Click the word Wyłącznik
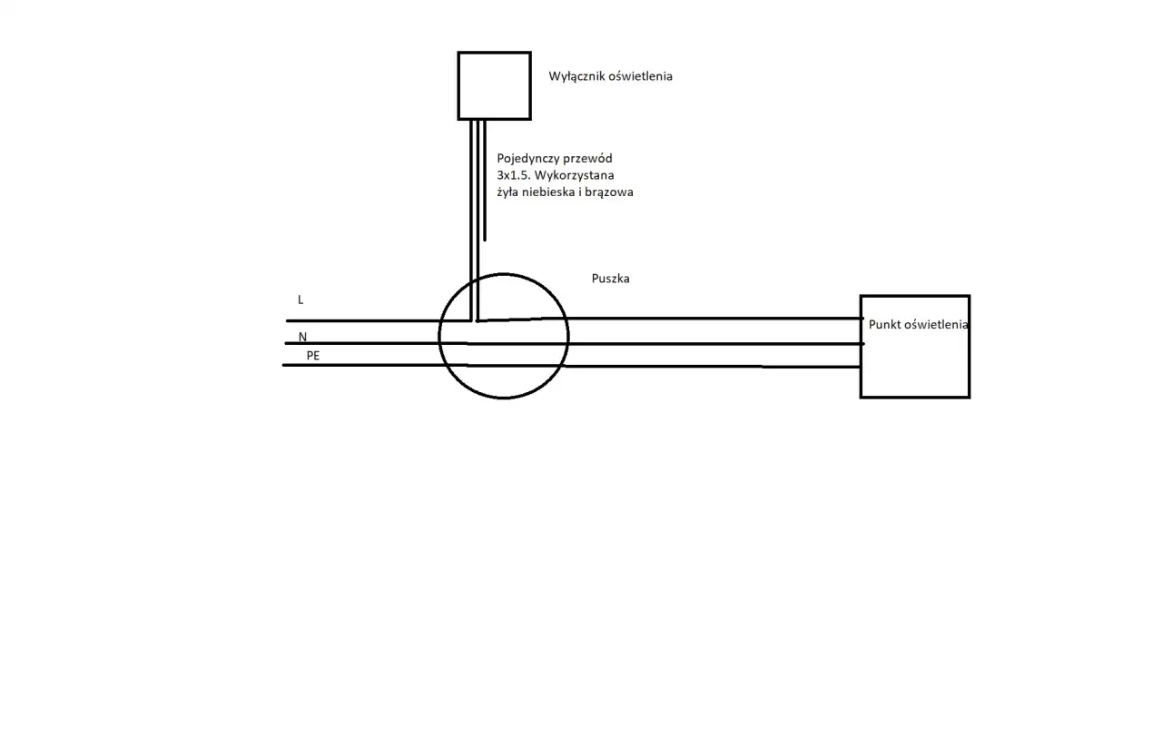(x=576, y=77)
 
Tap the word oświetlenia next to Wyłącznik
(x=641, y=76)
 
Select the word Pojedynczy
(x=528, y=159)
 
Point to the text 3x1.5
(x=511, y=175)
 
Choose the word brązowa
(x=609, y=192)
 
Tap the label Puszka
(x=611, y=279)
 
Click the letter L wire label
(x=300, y=300)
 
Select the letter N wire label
(x=303, y=337)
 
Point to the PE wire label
(x=313, y=356)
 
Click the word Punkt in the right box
(x=884, y=325)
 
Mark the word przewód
(x=587, y=159)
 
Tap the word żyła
(x=507, y=192)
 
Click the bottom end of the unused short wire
(x=485, y=241)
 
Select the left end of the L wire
(x=287, y=321)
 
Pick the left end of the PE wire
(x=283, y=365)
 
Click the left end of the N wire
(x=286, y=343)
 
